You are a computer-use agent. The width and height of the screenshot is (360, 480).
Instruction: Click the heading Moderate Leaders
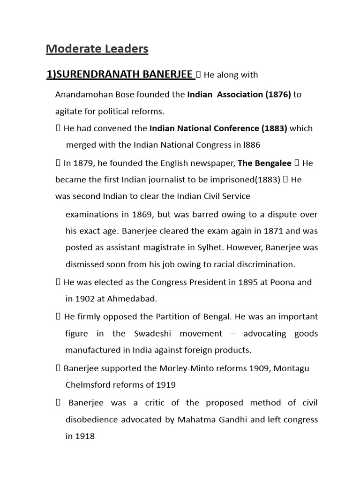coord(97,48)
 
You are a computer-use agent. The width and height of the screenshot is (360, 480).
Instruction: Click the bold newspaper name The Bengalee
coord(265,163)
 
